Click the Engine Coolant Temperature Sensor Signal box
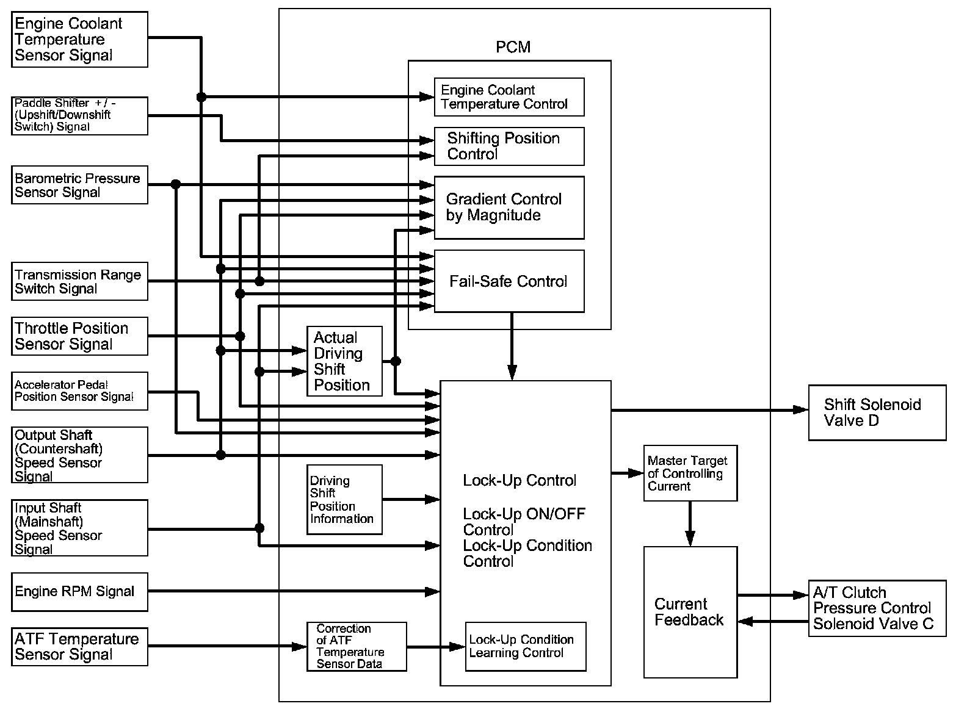[x=79, y=40]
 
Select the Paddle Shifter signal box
[x=79, y=115]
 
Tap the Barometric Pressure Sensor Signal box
[x=79, y=185]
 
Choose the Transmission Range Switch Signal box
[x=79, y=281]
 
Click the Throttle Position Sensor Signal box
[x=79, y=336]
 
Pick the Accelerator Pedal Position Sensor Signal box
[x=79, y=391]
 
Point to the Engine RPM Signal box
[x=79, y=591]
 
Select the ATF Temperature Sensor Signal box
[x=79, y=647]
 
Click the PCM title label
[x=513, y=47]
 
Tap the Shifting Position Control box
[x=509, y=146]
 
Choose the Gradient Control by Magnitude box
[x=509, y=207]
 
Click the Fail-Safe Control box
[x=509, y=281]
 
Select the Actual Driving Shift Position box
[x=344, y=361]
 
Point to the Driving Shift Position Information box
[x=344, y=500]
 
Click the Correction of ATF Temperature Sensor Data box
[x=357, y=647]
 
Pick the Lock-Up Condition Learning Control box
[x=526, y=647]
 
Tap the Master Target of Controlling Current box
[x=690, y=473]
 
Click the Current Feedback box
[x=690, y=612]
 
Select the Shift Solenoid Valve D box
[x=877, y=412]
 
